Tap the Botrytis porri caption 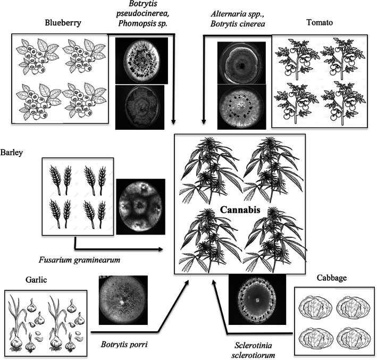coord(123,344)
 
